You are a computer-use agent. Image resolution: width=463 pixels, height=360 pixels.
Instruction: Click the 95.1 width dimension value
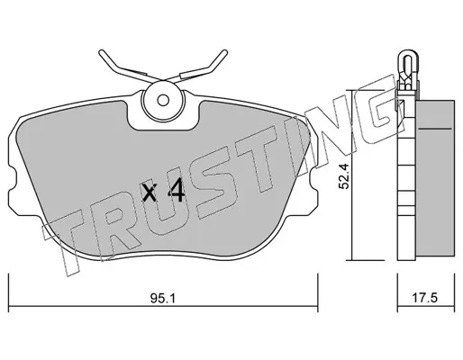(163, 299)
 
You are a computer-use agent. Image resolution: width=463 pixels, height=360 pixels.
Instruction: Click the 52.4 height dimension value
(343, 176)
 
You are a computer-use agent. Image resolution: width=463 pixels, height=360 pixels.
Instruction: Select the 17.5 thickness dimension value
(425, 299)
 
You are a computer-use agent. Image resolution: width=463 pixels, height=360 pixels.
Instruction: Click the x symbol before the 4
(150, 193)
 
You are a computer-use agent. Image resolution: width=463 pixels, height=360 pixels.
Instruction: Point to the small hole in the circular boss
(163, 101)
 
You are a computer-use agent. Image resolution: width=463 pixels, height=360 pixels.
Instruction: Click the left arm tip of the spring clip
(101, 52)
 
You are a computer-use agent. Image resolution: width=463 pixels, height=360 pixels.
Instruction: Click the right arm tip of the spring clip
(224, 52)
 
